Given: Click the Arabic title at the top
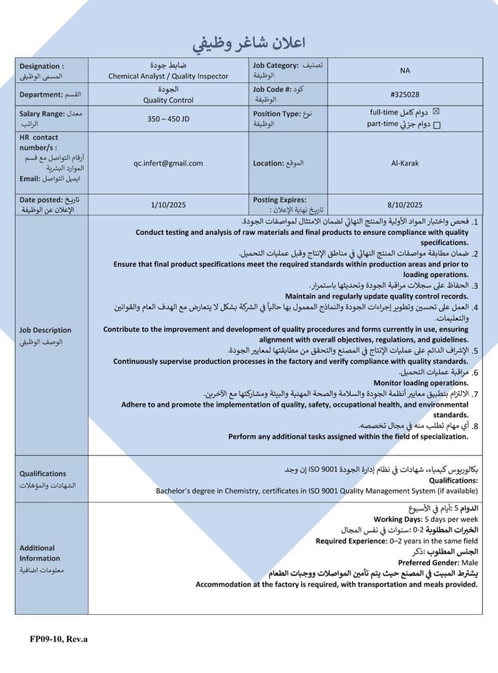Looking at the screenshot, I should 249,43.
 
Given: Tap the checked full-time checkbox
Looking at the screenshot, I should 437,112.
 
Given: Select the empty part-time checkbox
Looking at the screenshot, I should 437,125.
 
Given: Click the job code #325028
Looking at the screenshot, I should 405,95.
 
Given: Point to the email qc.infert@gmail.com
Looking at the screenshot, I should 168,163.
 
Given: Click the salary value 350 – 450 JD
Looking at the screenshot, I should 168,119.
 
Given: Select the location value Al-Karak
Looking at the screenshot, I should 405,163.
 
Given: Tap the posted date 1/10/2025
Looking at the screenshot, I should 168,205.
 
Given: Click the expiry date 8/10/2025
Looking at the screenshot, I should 405,205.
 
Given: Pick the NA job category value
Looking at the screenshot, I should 405,71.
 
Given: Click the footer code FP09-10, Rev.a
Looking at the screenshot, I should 59,639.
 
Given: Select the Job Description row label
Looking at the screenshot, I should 45,330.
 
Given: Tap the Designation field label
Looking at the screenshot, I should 42,66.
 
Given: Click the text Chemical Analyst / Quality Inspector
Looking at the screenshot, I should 168,76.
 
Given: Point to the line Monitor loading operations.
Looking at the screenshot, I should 421,383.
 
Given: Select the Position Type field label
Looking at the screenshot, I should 277,114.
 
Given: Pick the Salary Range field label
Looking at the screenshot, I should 42,114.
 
